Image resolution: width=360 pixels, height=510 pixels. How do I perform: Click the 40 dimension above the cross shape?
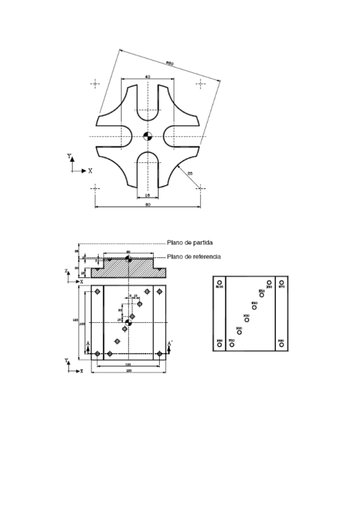tap(147, 77)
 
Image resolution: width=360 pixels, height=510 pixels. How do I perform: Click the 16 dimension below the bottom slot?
tap(147, 196)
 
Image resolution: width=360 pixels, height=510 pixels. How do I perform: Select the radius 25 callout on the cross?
tap(191, 174)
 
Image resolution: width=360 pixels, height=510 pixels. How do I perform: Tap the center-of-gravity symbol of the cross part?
tap(148, 137)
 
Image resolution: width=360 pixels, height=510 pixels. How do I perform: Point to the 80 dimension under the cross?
tap(147, 205)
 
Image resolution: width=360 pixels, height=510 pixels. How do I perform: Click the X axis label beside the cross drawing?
tap(91, 171)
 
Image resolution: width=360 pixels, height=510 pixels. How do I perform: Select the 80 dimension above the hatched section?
tap(128, 252)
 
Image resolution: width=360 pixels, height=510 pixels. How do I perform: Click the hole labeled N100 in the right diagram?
tap(219, 282)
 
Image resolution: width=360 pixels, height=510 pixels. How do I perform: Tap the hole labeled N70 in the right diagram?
tap(281, 282)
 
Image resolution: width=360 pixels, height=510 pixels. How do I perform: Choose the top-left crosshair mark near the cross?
tap(95, 84)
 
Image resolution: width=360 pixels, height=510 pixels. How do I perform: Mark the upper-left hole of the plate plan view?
tap(97, 292)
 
